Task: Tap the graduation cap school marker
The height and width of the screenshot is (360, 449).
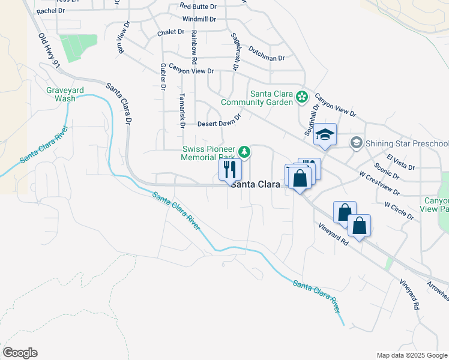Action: tap(325, 134)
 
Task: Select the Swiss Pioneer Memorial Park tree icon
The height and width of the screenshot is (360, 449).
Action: tap(244, 151)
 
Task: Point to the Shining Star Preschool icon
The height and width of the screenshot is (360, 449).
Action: tap(356, 143)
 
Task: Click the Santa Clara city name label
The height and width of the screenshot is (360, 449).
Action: tap(256, 185)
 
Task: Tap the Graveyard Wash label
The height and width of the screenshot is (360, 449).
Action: tap(61, 94)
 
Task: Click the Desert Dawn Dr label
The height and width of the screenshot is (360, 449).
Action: tap(219, 124)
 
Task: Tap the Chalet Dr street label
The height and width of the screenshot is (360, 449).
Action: tap(171, 32)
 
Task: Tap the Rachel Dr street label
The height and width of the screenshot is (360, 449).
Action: tap(50, 11)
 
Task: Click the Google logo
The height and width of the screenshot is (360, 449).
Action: tap(20, 353)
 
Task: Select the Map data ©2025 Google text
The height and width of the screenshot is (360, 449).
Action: tap(411, 355)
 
